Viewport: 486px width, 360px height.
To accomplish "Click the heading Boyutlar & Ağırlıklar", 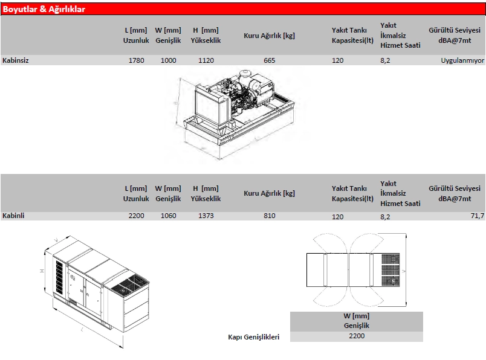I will coord(44,9).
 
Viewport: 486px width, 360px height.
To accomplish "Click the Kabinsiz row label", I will coord(16,60).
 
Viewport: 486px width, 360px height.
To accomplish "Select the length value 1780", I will coord(137,60).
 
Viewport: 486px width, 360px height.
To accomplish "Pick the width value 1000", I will coord(169,60).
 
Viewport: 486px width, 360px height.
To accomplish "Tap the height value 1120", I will coord(206,60).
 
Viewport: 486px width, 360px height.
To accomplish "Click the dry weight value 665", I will coord(270,60).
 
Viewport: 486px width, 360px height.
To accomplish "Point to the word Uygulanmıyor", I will coord(463,60).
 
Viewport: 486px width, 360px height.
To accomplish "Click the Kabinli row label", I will coord(13,216).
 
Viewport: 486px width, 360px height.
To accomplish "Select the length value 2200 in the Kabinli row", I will coord(137,216).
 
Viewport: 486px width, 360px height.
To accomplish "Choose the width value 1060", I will coord(169,216).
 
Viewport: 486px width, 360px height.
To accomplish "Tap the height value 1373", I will coord(206,216).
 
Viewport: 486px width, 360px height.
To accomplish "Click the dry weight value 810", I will coord(270,216).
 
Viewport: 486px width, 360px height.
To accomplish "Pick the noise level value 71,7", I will coord(478,216).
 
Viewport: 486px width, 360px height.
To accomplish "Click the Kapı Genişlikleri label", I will coord(253,337).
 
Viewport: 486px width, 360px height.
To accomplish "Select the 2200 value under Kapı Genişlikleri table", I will coord(357,336).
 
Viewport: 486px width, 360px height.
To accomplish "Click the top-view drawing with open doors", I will coord(357,269).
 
